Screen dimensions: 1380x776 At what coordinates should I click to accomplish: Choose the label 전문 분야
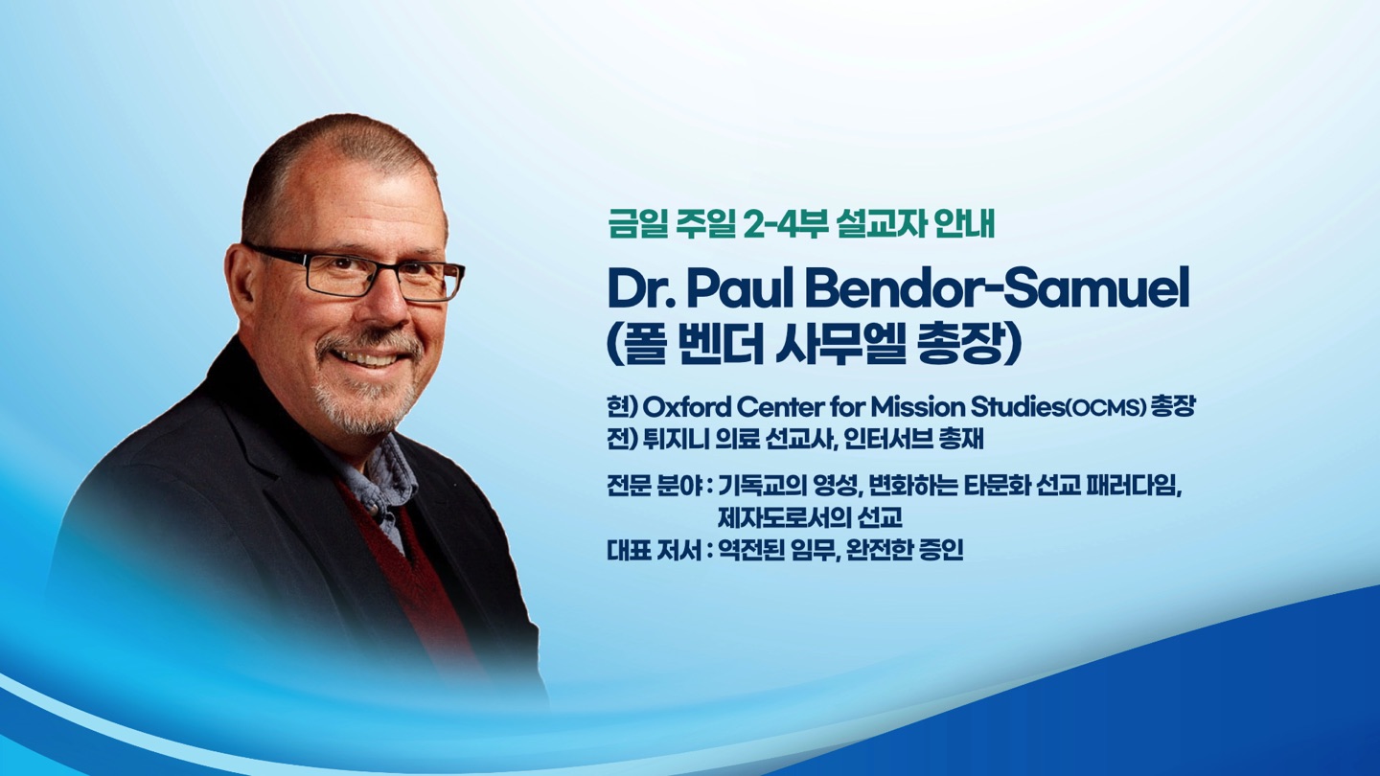(x=655, y=488)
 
